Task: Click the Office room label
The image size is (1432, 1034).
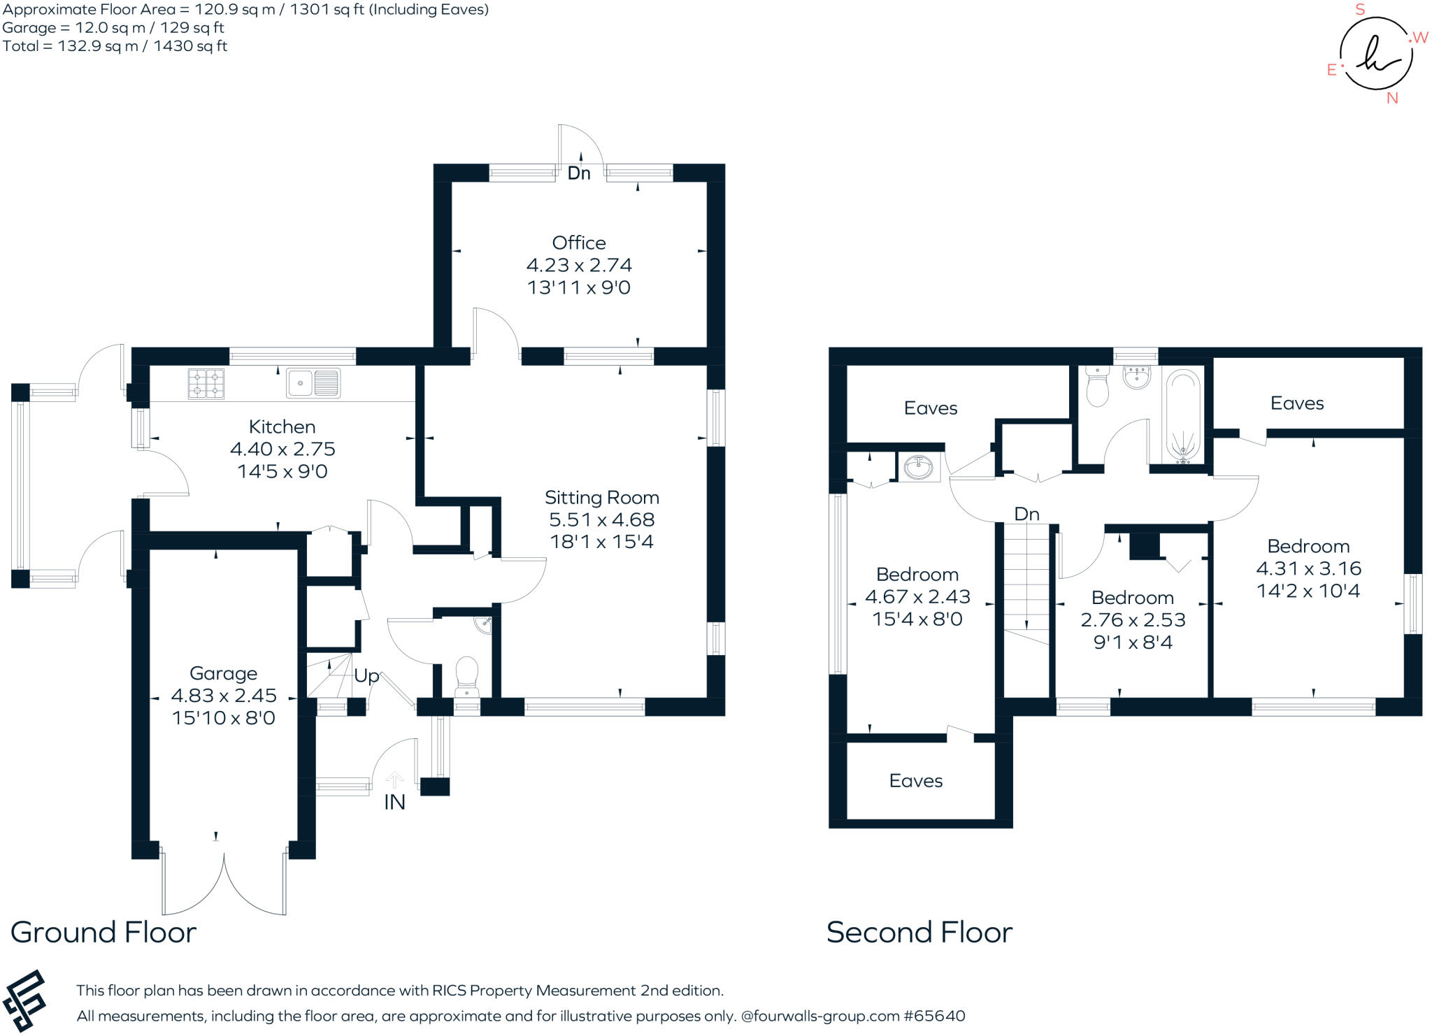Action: (579, 243)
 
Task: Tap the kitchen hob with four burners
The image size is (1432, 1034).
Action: (206, 384)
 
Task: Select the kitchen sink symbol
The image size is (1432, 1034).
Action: (313, 383)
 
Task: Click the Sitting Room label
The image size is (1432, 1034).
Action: (601, 498)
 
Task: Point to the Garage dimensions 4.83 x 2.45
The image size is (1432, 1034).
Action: (224, 696)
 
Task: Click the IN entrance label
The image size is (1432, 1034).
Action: (394, 802)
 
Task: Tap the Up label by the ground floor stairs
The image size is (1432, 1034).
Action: (366, 675)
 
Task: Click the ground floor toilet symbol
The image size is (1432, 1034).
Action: (466, 675)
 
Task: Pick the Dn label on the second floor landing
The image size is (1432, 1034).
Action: (1026, 514)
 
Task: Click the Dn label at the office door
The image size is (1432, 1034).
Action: (579, 173)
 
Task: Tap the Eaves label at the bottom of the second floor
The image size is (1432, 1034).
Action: (916, 781)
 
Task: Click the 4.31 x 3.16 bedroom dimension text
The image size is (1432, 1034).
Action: (1308, 568)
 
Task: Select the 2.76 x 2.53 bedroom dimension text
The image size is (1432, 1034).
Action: (1133, 619)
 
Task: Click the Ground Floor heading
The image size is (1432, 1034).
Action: (103, 932)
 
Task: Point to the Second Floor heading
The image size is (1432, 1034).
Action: (919, 932)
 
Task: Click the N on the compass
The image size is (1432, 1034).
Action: (1392, 99)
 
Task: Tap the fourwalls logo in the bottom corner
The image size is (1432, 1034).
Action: (24, 1000)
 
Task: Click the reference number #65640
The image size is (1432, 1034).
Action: (934, 1016)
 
